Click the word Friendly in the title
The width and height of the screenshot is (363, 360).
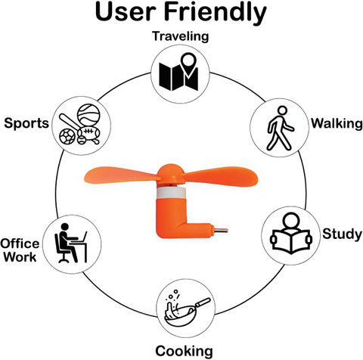216,13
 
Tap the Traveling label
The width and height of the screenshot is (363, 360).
181,36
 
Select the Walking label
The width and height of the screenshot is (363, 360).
337,123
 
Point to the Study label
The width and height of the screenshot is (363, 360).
342,234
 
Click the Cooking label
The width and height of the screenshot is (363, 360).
184,351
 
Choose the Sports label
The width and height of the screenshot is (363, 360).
26,123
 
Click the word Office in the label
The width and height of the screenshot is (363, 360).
20,244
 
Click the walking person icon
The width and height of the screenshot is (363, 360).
280,128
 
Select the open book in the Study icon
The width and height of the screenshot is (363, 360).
291,241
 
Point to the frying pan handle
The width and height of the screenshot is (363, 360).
203,302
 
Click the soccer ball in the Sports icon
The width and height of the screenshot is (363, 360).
67,136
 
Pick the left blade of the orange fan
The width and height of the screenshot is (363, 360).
122,175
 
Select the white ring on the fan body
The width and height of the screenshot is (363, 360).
171,192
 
